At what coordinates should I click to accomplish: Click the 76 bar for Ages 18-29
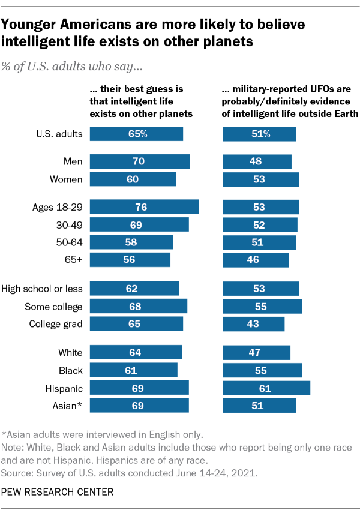[x=144, y=206]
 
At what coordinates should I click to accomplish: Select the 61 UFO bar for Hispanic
[x=266, y=388]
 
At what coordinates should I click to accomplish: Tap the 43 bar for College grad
[x=253, y=324]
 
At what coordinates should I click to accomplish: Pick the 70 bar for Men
[x=140, y=161]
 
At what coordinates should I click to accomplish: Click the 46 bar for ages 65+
[x=256, y=260]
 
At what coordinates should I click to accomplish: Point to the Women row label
[x=65, y=179]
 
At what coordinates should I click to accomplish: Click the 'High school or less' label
[x=42, y=289]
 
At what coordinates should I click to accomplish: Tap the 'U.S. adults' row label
[x=58, y=134]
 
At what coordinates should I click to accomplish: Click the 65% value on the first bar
[x=137, y=134]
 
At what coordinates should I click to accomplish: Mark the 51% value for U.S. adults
[x=259, y=134]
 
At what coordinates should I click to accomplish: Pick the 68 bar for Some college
[x=139, y=307]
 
